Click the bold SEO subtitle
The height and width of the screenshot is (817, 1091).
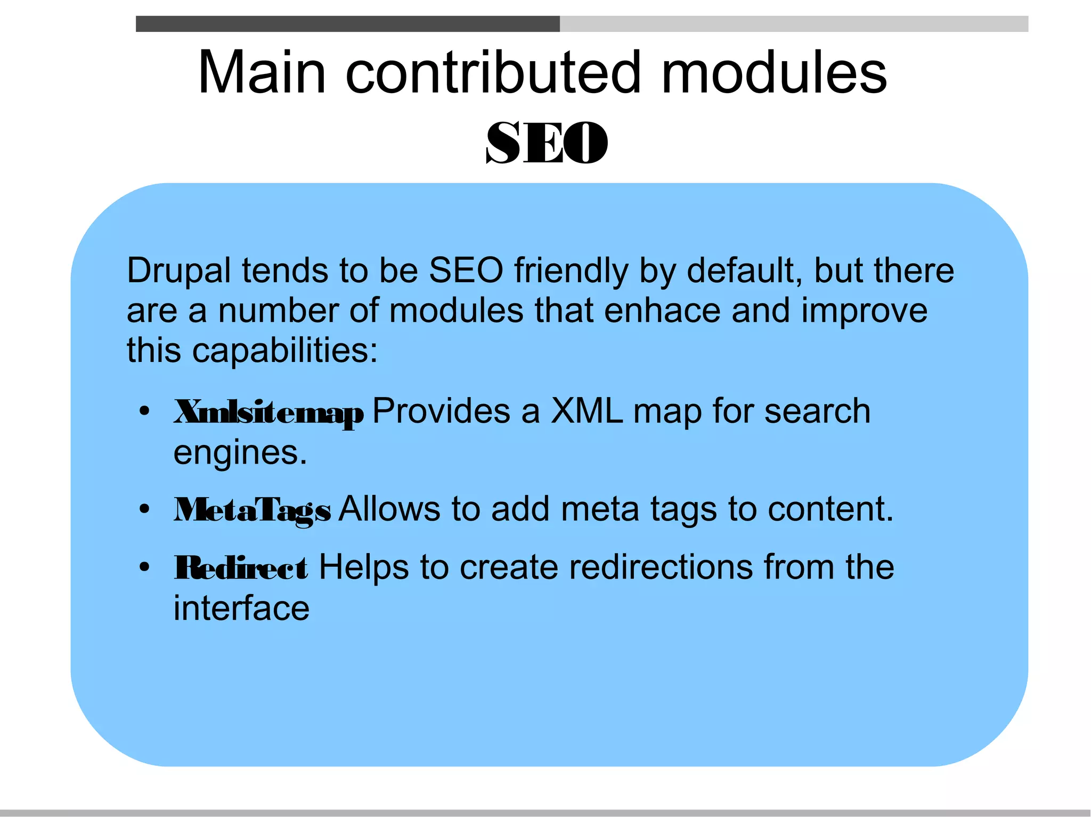(547, 143)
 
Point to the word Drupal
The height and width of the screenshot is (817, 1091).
(179, 271)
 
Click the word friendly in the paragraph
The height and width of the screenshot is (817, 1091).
(571, 271)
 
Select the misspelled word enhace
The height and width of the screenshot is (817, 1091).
(662, 311)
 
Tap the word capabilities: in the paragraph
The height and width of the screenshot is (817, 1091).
(285, 351)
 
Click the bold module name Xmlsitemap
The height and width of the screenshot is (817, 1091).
(269, 412)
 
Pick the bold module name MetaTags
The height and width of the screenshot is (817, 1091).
(253, 510)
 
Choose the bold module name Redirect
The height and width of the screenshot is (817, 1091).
(241, 568)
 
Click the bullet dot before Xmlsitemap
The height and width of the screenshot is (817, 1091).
(144, 411)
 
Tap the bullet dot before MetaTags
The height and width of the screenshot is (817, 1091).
(144, 509)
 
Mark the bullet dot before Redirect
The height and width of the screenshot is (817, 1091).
(144, 567)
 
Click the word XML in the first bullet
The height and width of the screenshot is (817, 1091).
(587, 411)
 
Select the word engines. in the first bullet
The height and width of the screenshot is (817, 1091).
(240, 453)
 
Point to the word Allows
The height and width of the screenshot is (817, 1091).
(389, 509)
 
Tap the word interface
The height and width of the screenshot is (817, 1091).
(241, 608)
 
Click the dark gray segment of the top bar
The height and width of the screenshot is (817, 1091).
(347, 24)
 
